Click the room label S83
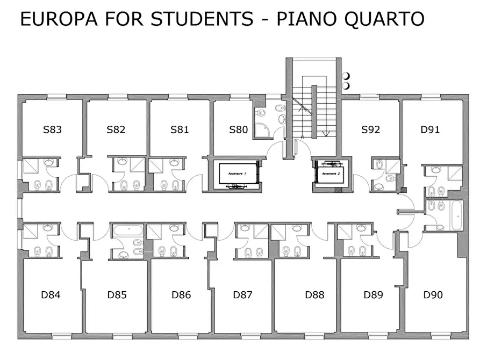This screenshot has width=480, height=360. tap(52, 129)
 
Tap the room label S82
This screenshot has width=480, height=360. tap(116, 129)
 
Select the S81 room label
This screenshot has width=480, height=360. tap(180, 129)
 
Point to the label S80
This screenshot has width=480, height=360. tap(239, 129)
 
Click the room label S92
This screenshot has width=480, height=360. tap(371, 129)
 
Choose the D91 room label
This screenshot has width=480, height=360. tap(430, 129)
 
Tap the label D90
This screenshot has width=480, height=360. tap(433, 295)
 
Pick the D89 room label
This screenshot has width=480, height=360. tap(373, 295)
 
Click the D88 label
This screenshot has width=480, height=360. tap(314, 295)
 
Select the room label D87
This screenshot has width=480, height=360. tap(243, 295)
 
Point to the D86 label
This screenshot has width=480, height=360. tap(181, 295)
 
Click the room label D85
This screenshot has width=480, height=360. tap(117, 295)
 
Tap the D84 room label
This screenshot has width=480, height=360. tap(51, 295)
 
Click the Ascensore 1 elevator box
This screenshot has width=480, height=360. tap(238, 174)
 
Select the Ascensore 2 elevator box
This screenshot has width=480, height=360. tap(331, 174)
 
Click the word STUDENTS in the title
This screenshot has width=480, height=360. tap(202, 19)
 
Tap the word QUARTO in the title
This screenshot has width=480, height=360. tap(384, 19)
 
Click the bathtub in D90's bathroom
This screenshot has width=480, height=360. tap(457, 215)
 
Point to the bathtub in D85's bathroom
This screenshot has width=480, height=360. tap(128, 230)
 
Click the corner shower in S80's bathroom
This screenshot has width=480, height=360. tap(262, 131)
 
